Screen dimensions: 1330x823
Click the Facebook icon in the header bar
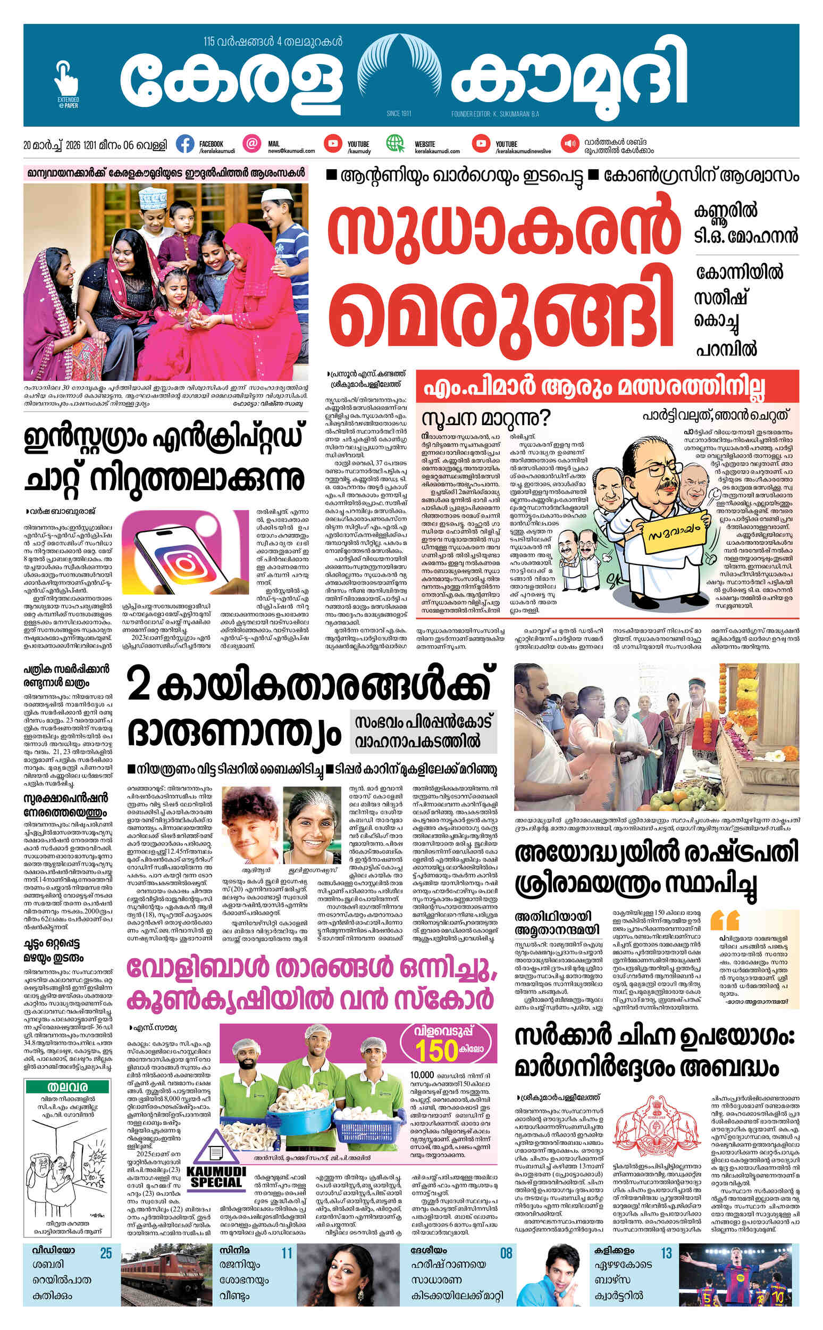pyautogui.click(x=185, y=144)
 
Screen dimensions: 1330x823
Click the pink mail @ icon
pyautogui.click(x=252, y=144)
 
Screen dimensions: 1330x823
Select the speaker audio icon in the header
pyautogui.click(x=570, y=144)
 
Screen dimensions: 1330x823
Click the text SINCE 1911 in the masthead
pyautogui.click(x=398, y=114)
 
